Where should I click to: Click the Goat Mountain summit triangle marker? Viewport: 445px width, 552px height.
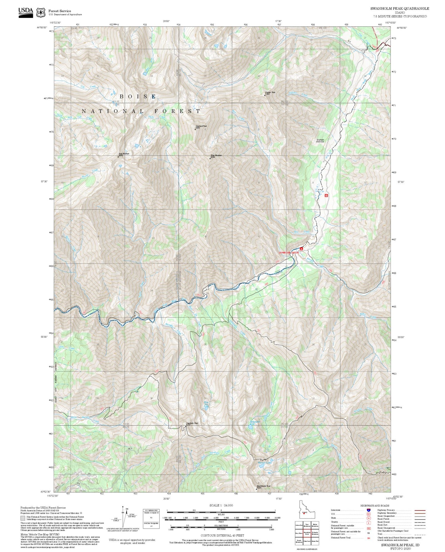click(118, 157)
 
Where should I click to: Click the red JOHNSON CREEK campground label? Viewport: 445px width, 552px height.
click(288, 253)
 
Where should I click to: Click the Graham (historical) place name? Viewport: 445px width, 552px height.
click(320, 141)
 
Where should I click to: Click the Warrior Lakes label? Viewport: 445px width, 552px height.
click(265, 462)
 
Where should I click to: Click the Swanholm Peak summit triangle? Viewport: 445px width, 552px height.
click(182, 427)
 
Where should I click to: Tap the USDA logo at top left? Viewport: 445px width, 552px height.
click(26, 12)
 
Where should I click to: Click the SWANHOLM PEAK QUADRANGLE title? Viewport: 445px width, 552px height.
click(399, 9)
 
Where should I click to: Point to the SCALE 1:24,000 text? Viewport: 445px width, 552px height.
click(221, 505)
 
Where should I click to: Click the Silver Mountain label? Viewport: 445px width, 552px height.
click(216, 156)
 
